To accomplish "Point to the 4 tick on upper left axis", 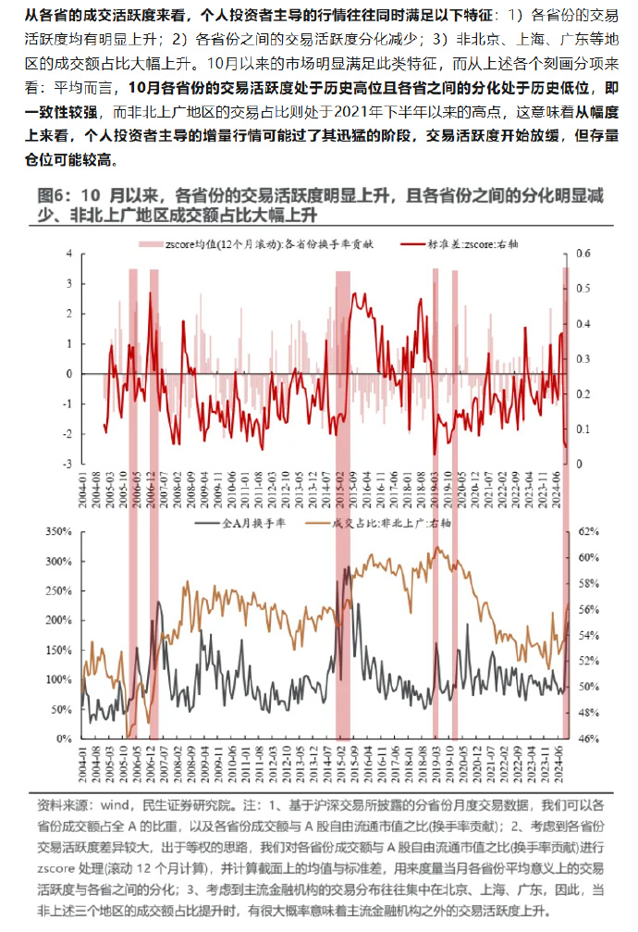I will [x=67, y=254].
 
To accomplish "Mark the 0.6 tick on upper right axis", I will [x=583, y=254].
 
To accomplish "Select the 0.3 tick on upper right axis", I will [x=583, y=358].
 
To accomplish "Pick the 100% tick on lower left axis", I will [x=57, y=679].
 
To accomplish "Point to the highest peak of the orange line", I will [x=436, y=547].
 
